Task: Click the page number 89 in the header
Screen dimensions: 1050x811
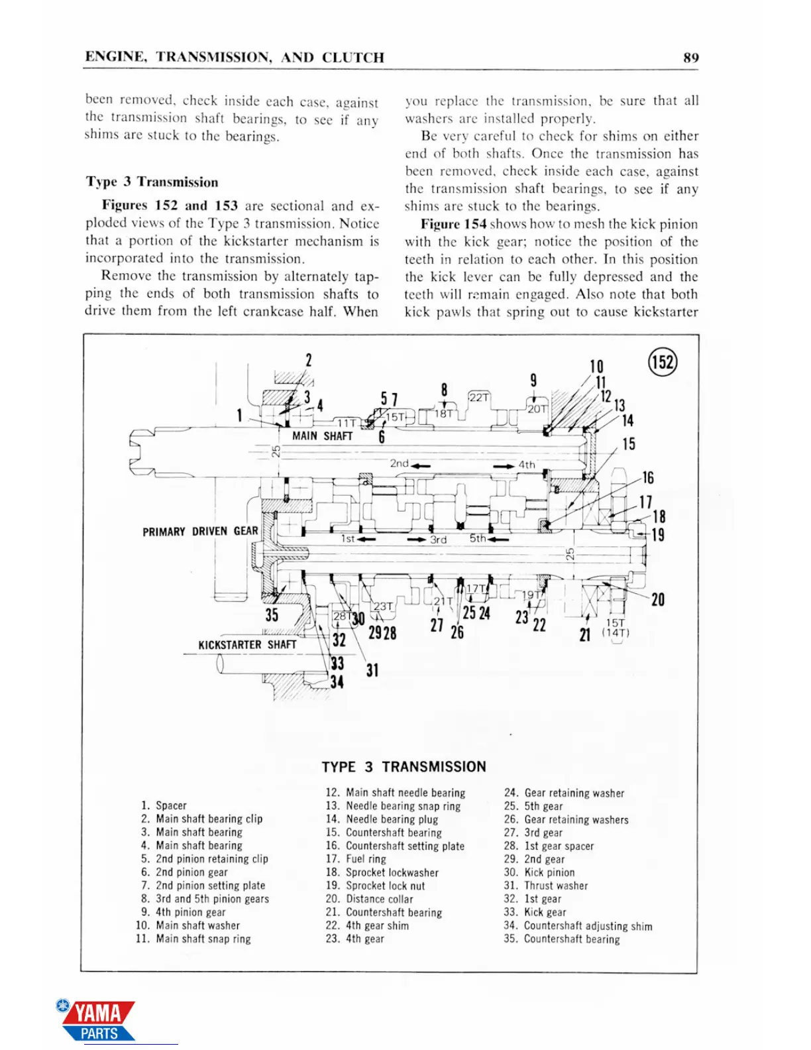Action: [690, 58]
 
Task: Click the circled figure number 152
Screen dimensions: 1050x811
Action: [662, 362]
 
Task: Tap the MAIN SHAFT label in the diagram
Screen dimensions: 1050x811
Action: [322, 436]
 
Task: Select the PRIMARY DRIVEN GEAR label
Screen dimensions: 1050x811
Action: [200, 531]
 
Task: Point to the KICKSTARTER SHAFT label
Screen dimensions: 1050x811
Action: [247, 644]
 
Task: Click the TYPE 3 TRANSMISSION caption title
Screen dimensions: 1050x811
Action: [404, 767]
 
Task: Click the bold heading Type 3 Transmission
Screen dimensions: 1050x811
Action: [152, 182]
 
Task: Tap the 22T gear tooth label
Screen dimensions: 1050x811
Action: [479, 397]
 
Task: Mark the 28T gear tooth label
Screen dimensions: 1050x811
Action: [340, 616]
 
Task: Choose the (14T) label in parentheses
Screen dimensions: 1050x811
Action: [616, 632]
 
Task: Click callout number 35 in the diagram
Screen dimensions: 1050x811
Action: [272, 614]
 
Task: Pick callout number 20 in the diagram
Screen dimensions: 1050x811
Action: [657, 600]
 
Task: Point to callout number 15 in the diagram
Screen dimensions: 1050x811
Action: [628, 443]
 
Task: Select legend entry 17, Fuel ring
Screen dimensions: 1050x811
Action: [356, 859]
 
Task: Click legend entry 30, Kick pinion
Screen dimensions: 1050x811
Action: [539, 872]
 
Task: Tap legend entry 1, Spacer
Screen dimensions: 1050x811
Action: [164, 805]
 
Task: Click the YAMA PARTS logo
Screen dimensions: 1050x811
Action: [97, 1020]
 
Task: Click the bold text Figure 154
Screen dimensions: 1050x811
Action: [453, 224]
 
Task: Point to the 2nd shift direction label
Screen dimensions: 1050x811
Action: [400, 463]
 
